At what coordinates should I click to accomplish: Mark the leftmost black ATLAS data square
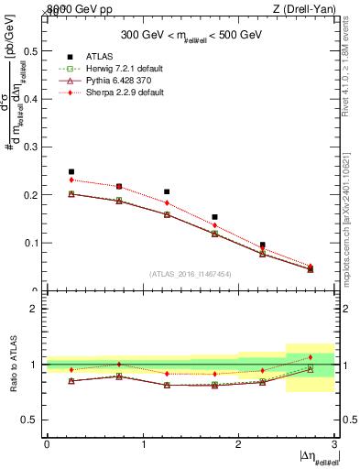(71, 171)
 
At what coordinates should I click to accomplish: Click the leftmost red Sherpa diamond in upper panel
(71, 180)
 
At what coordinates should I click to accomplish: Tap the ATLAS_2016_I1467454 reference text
(190, 273)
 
